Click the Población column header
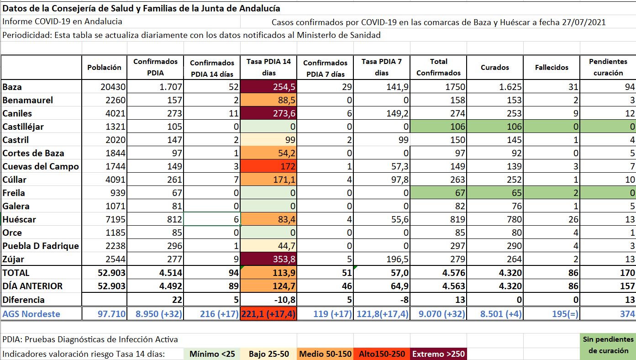104,67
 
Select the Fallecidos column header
552,67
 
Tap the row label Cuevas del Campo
41,167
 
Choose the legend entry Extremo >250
438,354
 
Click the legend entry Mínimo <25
212,354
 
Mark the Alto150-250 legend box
382,354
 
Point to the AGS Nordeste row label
31,314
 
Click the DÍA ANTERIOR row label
32,286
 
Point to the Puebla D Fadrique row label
41,246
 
